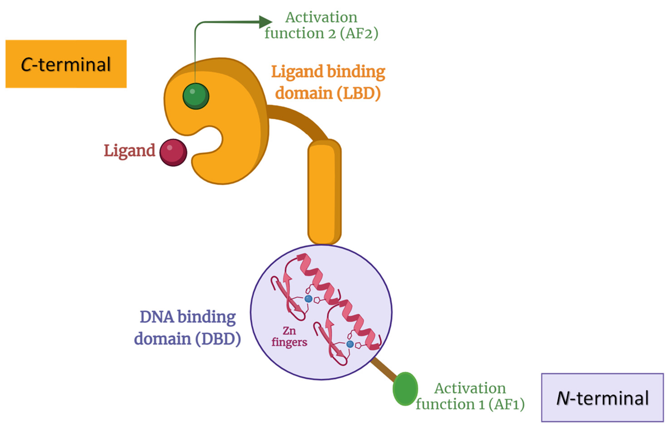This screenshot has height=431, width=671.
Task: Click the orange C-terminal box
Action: coord(66,64)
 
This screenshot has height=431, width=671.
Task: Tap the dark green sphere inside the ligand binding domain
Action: coord(196,96)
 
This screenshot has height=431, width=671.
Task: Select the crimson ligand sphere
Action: coord(173,153)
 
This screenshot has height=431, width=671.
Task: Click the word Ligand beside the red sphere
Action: coord(129,151)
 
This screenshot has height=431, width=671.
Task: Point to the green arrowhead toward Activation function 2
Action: coord(265,22)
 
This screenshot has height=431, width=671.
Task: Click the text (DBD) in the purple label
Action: coord(218,339)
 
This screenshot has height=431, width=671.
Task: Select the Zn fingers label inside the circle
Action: coord(289,336)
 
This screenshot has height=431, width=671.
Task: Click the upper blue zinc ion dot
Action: coord(308,299)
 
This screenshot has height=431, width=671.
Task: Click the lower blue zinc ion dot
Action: coord(350,344)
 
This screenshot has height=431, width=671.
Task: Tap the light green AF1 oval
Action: coord(405,389)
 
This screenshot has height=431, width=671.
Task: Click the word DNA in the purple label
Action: coord(157,317)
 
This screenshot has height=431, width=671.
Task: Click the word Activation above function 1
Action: coord(470,388)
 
